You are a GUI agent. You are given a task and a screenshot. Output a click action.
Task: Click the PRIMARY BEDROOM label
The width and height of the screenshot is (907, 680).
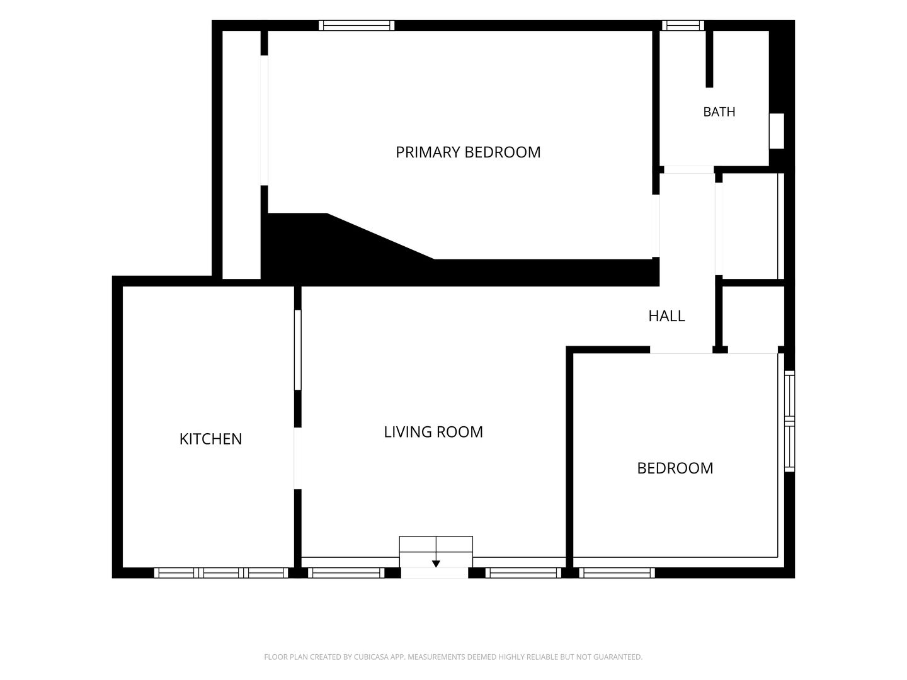coord(468,152)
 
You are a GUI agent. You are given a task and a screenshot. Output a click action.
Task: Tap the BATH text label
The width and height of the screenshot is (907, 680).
coord(719,112)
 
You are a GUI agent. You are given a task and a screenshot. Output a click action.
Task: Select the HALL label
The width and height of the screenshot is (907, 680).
coord(666,316)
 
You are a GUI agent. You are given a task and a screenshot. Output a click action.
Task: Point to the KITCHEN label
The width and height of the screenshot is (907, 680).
coord(210,439)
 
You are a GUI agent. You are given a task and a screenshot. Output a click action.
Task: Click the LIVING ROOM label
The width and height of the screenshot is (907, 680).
coord(433,432)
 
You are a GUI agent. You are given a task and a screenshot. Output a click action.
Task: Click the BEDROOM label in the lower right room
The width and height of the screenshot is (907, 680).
coord(675,468)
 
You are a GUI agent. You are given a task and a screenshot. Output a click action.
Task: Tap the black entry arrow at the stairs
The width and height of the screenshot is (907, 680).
coord(435,564)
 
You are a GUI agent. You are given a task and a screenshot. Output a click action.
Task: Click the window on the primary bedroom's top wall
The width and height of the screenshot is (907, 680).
coord(357,26)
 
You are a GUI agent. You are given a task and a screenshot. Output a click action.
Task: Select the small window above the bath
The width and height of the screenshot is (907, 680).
coord(683,26)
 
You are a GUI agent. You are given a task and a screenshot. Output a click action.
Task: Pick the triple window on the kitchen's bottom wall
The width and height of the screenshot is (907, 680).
coord(221,573)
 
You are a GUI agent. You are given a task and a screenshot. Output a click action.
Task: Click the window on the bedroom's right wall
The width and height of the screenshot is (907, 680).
coord(789,421)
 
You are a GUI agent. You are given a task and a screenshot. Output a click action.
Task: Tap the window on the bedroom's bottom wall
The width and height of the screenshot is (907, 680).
coord(617,573)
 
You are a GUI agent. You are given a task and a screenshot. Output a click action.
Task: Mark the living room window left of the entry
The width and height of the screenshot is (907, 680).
coord(346,573)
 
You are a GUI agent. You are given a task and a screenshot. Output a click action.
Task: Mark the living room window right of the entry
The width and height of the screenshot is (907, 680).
coord(523,573)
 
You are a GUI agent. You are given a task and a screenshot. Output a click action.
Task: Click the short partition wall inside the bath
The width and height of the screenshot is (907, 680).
coord(709,59)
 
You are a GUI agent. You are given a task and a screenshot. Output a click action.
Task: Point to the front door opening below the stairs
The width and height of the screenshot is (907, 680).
coord(434,573)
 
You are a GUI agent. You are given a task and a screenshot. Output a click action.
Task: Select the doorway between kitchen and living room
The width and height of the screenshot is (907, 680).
coord(297,458)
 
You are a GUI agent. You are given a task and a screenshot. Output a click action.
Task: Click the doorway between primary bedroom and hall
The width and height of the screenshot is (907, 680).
coord(655,226)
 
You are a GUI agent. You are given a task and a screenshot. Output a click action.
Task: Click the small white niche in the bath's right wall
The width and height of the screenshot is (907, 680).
coord(777,131)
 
